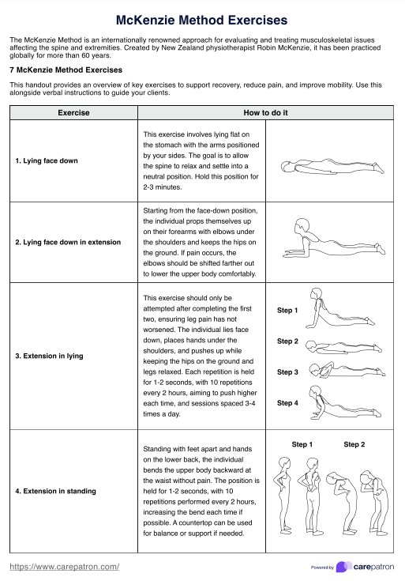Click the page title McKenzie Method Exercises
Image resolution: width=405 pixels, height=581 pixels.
click(202, 20)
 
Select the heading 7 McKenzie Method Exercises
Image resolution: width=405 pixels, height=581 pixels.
click(66, 70)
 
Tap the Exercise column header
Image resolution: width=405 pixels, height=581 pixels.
click(73, 112)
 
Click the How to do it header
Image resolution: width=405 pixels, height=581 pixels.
click(265, 112)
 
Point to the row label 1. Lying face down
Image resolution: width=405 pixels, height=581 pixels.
click(47, 160)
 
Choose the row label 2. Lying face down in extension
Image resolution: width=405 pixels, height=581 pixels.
click(68, 243)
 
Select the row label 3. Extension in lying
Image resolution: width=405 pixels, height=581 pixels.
click(49, 356)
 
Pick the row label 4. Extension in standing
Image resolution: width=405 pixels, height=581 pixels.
click(55, 492)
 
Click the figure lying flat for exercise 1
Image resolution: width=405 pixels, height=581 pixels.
click(332, 166)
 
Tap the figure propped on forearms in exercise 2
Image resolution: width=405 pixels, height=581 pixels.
click(334, 238)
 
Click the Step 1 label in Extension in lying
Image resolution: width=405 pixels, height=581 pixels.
click(287, 311)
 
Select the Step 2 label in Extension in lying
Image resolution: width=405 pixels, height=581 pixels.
click(287, 341)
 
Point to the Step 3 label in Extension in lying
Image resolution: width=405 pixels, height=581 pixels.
click(287, 372)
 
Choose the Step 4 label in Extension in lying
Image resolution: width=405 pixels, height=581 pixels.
click(287, 403)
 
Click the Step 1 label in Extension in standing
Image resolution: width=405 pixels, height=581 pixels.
click(302, 444)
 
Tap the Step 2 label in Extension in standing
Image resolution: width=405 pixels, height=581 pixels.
click(354, 444)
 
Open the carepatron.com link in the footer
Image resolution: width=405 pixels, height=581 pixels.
click(65, 567)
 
